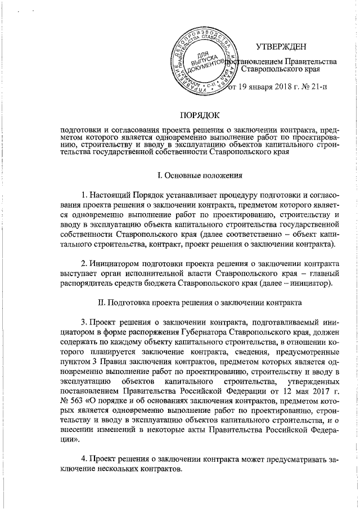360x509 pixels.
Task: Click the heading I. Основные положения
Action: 199,176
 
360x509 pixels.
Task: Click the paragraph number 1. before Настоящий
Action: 84,195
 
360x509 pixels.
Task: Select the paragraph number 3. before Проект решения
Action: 84,322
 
